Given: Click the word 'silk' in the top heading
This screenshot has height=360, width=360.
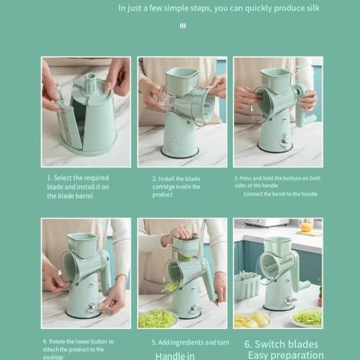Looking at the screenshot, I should pyautogui.click(x=311, y=8).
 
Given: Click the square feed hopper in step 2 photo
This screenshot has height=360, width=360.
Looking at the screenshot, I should pyautogui.click(x=181, y=79).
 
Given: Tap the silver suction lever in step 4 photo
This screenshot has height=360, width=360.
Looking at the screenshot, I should pyautogui.click(x=93, y=306).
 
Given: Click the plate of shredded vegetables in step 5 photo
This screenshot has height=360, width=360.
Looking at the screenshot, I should pyautogui.click(x=157, y=318).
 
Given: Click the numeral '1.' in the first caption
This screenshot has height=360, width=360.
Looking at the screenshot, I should pyautogui.click(x=49, y=178).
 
